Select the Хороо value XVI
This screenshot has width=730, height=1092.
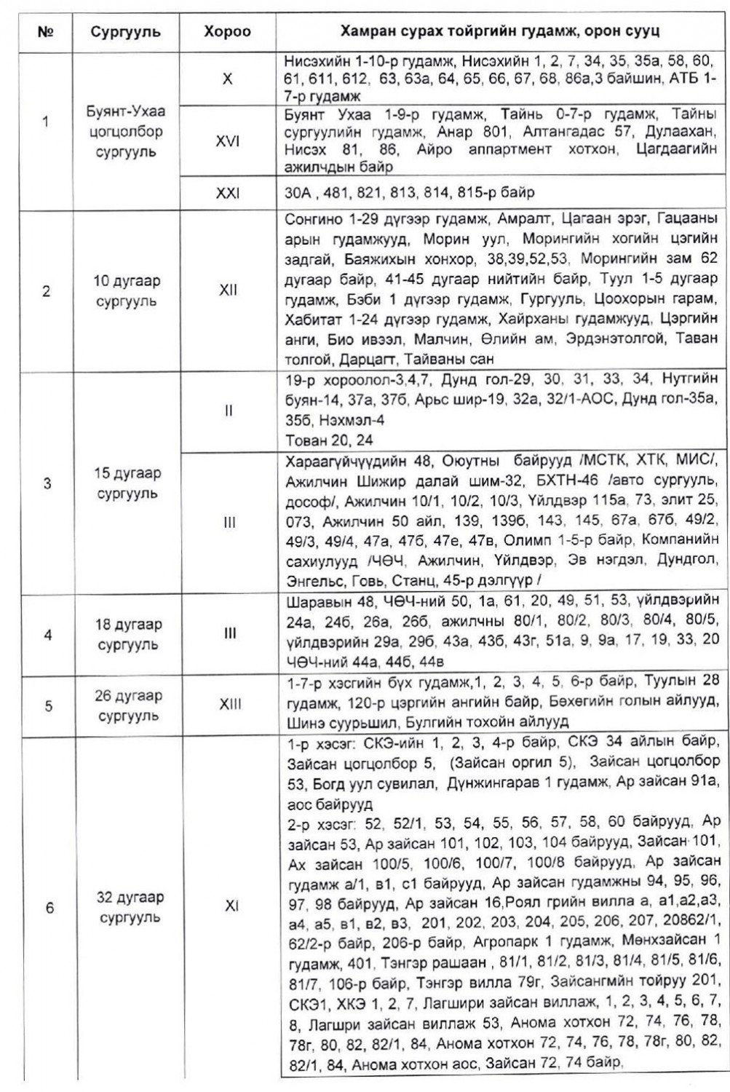tap(228, 142)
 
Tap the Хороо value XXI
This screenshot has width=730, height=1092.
tap(228, 194)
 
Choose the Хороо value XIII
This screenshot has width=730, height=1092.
tap(228, 704)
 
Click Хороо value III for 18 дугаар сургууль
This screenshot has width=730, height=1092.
tap(228, 633)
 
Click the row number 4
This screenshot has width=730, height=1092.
tap(47, 634)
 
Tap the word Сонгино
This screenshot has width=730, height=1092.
tap(306, 220)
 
